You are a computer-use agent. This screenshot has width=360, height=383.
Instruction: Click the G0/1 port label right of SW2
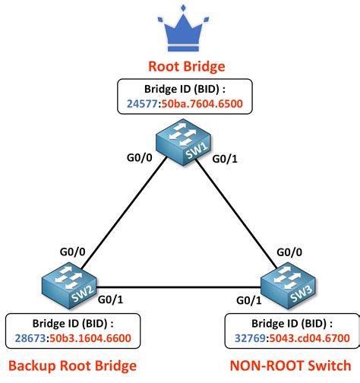point(112,301)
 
